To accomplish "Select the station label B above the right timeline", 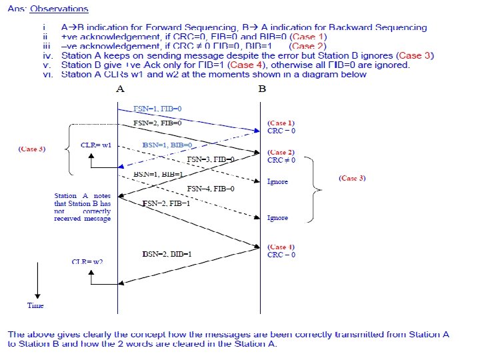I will click(x=261, y=89).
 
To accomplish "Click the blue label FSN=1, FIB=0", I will click(x=157, y=108).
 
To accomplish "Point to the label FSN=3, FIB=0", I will click(x=211, y=160).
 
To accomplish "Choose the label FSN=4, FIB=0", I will click(x=211, y=189).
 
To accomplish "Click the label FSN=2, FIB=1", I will click(x=167, y=203).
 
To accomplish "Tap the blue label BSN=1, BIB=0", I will click(x=167, y=145).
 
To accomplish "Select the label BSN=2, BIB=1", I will click(x=167, y=255).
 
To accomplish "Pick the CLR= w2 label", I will click(x=87, y=261).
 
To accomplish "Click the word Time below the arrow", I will click(x=35, y=305).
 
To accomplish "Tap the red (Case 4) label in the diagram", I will click(x=281, y=247).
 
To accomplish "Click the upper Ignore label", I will click(x=277, y=181).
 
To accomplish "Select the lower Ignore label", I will click(x=277, y=218).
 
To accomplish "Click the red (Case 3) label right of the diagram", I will click(x=352, y=178).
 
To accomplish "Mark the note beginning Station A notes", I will click(x=82, y=207).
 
